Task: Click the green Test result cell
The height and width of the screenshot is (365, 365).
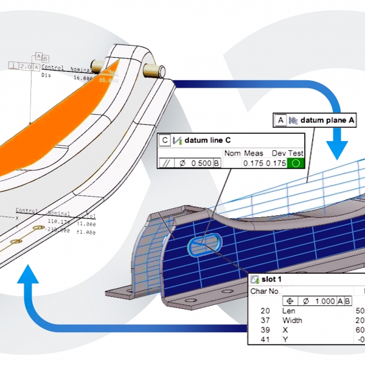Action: pos(296,163)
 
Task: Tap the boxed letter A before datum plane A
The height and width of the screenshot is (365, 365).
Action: pos(280,120)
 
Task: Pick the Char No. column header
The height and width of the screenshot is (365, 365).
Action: pos(265,291)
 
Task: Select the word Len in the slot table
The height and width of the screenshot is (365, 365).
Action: pos(288,311)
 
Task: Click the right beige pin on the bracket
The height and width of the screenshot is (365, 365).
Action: pos(153,69)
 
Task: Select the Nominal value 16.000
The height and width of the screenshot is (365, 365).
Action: pos(83,78)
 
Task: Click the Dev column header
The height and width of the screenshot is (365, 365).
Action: pos(277,153)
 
